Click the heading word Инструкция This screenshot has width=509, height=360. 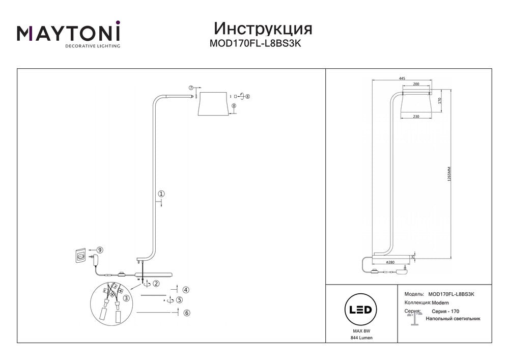[x=263, y=28]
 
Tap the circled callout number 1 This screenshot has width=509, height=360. [x=161, y=193]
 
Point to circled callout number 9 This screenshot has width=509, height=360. [x=100, y=250]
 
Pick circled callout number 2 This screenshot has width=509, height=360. [x=156, y=283]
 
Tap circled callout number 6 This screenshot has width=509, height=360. [x=187, y=313]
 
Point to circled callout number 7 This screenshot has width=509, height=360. [x=191, y=88]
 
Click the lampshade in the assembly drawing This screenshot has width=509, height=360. [x=213, y=103]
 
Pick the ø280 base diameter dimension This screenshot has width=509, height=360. [x=391, y=262]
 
